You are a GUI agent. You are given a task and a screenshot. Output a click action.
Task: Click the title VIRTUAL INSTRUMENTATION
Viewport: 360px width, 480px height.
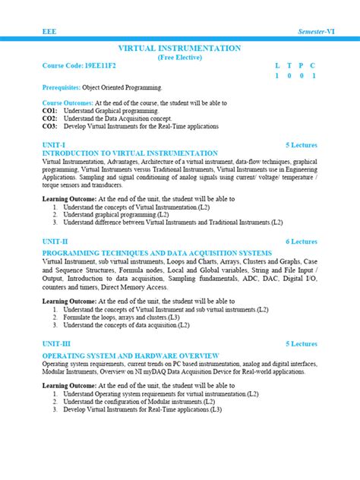[180, 48]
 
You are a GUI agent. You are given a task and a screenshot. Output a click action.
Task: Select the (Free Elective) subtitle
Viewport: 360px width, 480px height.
[180, 57]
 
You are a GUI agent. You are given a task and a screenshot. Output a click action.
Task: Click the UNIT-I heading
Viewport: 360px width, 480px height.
[54, 144]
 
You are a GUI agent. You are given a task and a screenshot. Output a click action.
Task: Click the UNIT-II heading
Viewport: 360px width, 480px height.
[55, 241]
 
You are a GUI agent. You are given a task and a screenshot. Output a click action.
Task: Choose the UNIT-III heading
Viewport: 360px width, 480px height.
[57, 344]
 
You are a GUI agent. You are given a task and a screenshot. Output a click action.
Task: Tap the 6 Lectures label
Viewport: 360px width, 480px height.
[302, 241]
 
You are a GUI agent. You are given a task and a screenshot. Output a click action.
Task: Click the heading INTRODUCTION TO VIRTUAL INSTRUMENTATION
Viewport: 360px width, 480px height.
[130, 153]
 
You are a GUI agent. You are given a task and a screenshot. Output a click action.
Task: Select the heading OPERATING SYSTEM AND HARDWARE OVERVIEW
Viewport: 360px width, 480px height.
[131, 355]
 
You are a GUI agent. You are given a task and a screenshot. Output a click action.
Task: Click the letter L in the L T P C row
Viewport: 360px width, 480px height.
[277, 66]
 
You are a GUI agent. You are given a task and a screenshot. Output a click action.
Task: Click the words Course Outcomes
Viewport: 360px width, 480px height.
[67, 103]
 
